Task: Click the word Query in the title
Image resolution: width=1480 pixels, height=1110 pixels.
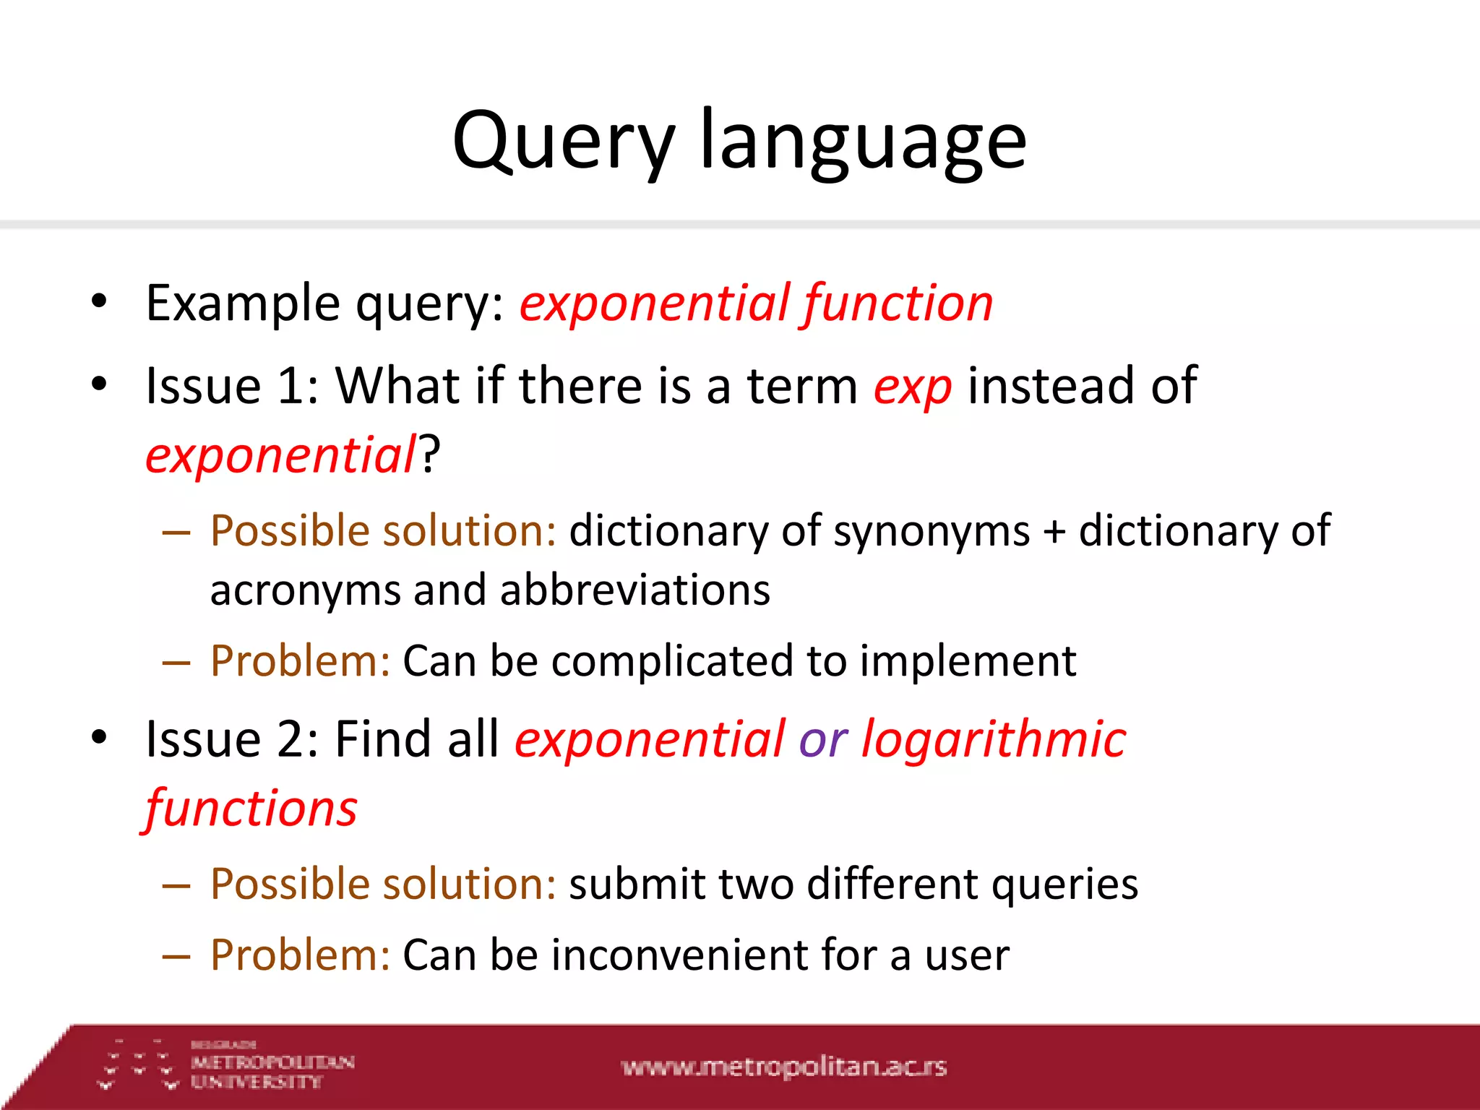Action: [562, 141]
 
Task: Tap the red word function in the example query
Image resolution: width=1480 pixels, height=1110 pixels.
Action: [898, 304]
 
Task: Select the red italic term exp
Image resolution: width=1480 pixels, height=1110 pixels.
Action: [912, 387]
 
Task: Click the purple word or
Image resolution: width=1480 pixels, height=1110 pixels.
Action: [822, 741]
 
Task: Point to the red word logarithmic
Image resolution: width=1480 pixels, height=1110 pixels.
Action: [994, 739]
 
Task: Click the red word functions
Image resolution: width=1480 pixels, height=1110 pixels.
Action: [251, 808]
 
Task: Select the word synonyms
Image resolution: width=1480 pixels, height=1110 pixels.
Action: [932, 532]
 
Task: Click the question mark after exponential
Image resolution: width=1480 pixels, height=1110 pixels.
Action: [430, 455]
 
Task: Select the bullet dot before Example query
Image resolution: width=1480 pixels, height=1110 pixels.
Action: [100, 302]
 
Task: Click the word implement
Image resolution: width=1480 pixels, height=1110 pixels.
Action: [968, 661]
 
